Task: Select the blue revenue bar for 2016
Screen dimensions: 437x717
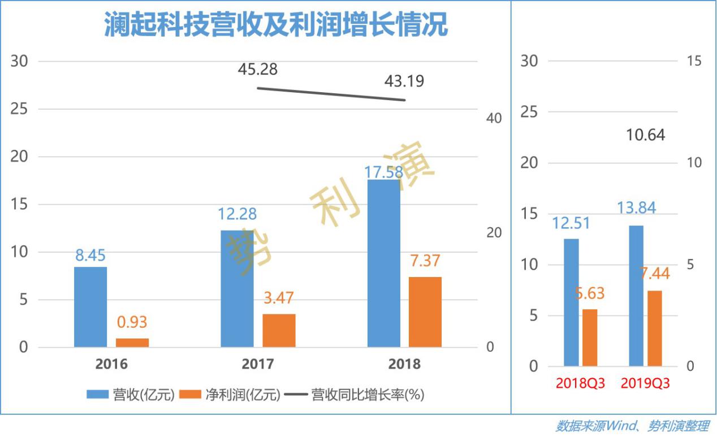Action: tap(90, 307)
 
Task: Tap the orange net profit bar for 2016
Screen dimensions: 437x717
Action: tap(132, 343)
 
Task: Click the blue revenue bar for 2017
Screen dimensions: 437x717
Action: tap(237, 288)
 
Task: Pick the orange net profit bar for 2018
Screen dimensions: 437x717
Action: tap(425, 312)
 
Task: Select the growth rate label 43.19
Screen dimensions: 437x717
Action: tap(404, 81)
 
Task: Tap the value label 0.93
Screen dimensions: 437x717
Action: tap(132, 322)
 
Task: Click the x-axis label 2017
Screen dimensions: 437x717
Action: tap(258, 364)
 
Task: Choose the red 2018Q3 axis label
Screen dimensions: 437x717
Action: tap(580, 383)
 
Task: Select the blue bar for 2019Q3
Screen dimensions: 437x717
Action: tap(636, 296)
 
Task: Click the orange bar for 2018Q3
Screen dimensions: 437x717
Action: tap(590, 338)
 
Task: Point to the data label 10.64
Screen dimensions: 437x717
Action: tap(646, 135)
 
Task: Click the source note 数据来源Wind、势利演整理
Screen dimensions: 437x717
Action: tap(632, 426)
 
